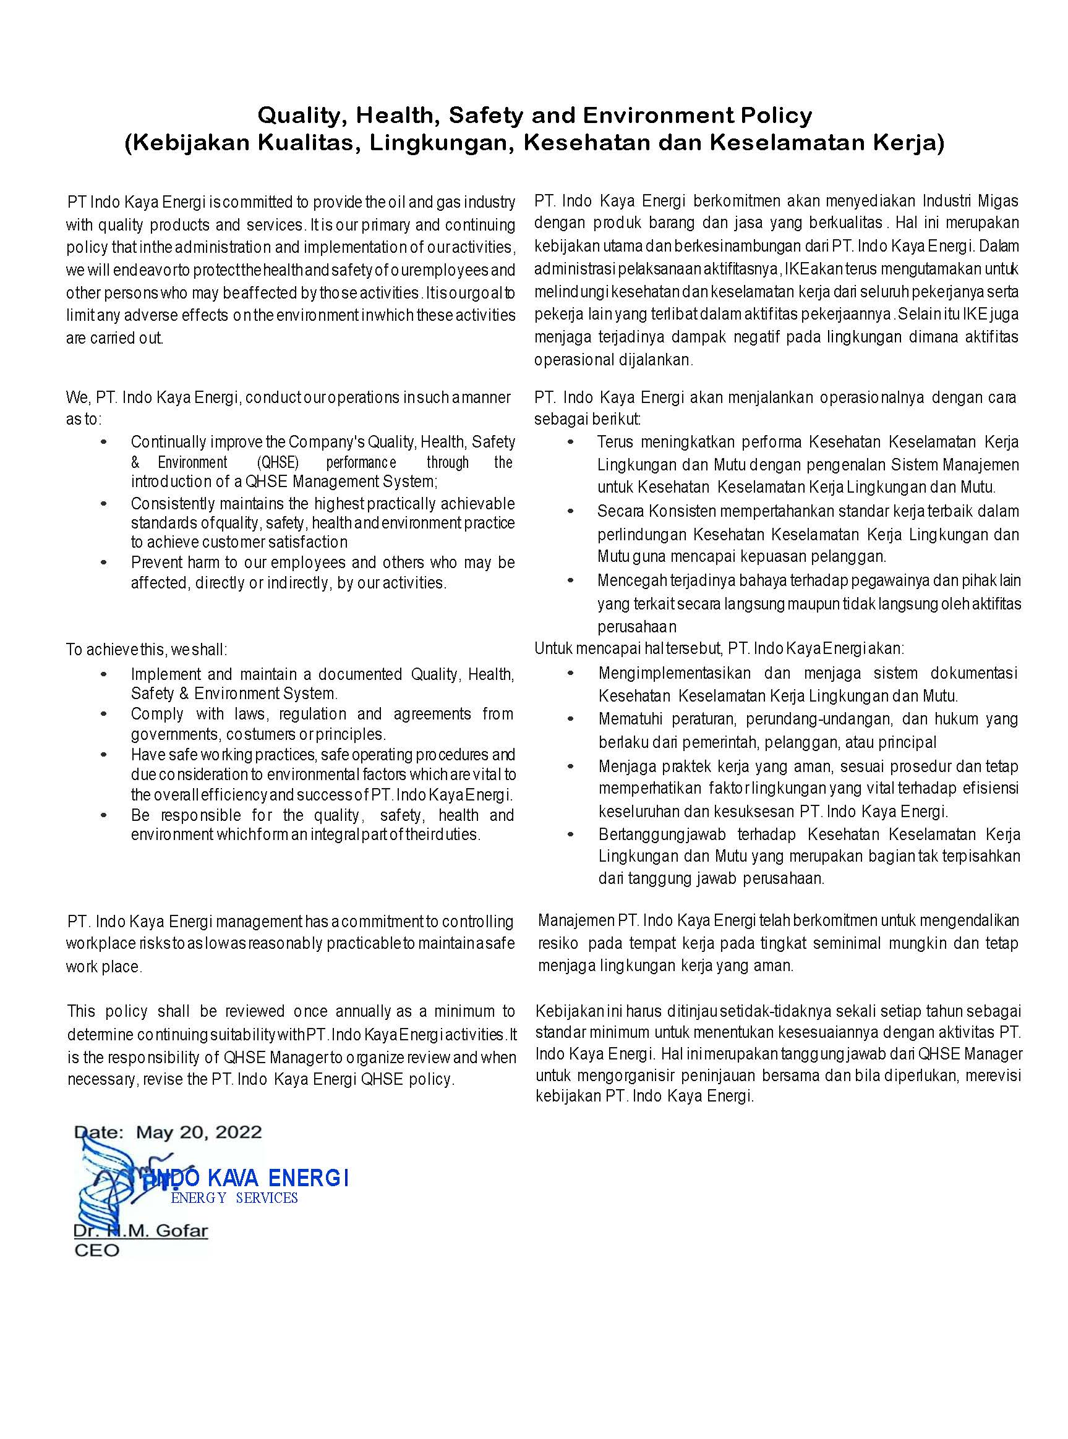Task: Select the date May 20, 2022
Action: pos(199,1132)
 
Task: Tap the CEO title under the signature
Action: pos(97,1250)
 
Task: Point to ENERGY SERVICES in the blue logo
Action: pos(234,1198)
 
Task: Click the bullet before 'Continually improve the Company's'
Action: pos(104,442)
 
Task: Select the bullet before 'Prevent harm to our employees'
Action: pos(104,563)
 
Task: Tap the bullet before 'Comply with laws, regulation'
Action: pos(104,714)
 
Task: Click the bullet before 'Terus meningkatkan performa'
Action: pos(570,442)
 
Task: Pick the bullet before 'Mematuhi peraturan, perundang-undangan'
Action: pos(570,719)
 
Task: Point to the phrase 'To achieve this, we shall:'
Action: pos(146,649)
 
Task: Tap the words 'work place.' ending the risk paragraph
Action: pos(103,967)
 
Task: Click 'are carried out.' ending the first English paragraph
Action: pos(114,338)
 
